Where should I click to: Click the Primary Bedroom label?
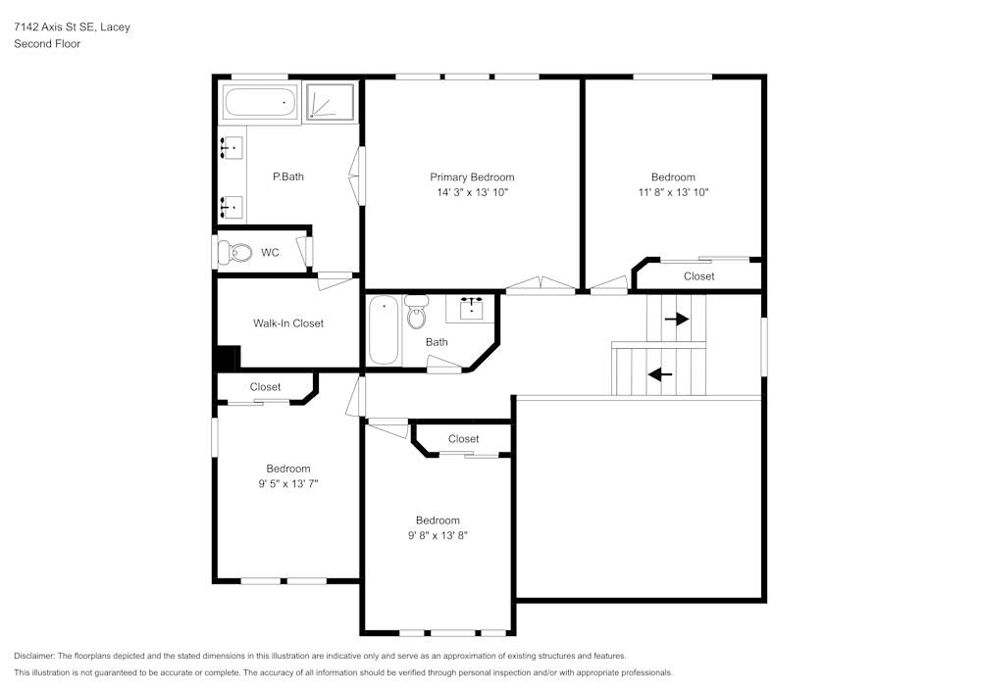coord(472,177)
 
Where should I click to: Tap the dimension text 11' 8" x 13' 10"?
coord(673,193)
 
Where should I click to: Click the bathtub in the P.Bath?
coord(260,102)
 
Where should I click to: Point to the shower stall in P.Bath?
coord(331,102)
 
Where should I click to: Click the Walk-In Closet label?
coord(288,323)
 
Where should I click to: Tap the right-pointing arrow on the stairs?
coord(676,320)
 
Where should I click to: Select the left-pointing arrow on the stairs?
coord(660,373)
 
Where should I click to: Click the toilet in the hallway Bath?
coord(417,313)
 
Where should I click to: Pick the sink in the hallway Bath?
coord(471,307)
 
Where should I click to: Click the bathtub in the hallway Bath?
coord(384,330)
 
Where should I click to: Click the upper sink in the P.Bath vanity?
coord(232,148)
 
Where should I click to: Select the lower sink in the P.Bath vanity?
coord(232,206)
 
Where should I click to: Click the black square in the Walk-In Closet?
coord(228,358)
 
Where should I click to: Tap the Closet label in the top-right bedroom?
coord(698,276)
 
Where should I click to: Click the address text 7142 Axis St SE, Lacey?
coord(72,27)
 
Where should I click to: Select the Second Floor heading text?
coord(47,44)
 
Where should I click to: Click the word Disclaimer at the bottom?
coord(34,656)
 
